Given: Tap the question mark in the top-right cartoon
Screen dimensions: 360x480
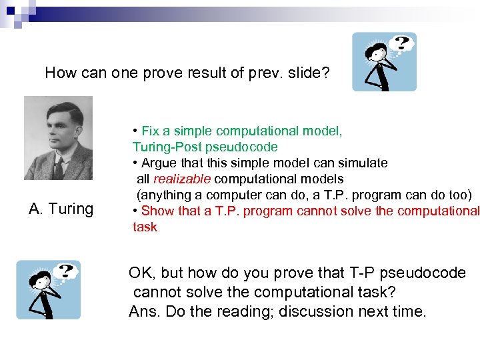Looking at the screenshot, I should (401, 44).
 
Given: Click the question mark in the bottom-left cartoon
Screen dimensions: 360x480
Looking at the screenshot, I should (65, 271).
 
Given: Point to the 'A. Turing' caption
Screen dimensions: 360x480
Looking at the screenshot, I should (61, 209).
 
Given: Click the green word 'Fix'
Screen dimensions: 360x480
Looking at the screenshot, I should (151, 131).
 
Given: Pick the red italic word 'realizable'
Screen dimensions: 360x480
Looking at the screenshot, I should (182, 179).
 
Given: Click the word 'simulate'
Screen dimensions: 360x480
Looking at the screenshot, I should (364, 163).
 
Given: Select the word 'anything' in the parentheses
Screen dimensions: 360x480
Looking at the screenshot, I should (163, 195).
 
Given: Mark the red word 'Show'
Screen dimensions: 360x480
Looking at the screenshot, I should (157, 211).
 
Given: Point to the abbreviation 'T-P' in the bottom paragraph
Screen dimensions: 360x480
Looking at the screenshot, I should (362, 273).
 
